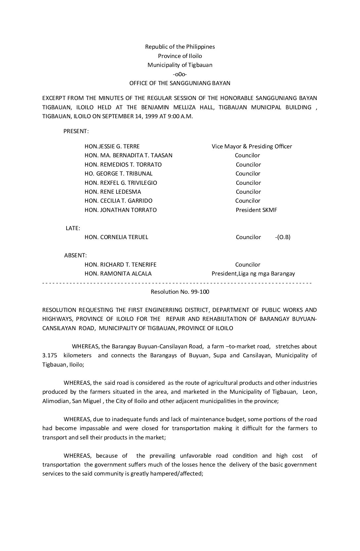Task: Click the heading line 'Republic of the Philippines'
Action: click(x=180, y=47)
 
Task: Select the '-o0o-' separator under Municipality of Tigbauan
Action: click(x=180, y=74)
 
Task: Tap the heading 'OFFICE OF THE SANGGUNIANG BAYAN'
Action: click(x=180, y=83)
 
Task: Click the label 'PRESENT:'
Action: click(x=76, y=131)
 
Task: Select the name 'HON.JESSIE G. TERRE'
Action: click(x=112, y=146)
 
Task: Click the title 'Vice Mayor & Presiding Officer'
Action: click(x=252, y=146)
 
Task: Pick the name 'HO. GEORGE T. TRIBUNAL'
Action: click(x=118, y=174)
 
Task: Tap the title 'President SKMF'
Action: click(x=256, y=210)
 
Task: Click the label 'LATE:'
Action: click(x=73, y=228)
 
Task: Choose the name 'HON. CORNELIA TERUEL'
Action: click(x=116, y=237)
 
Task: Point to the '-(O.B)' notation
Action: click(x=283, y=237)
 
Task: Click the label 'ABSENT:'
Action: click(x=75, y=255)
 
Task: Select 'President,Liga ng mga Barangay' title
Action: click(x=253, y=274)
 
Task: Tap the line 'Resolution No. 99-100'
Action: click(x=180, y=292)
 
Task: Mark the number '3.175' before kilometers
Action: click(x=50, y=355)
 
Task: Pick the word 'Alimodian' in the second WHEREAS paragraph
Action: click(x=55, y=401)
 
